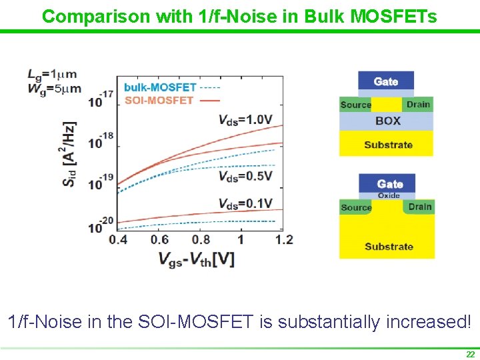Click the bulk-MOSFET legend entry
point(160,87)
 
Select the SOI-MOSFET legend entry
point(159,101)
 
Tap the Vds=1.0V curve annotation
point(245,120)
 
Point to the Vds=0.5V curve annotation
point(245,176)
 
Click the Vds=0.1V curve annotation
point(245,203)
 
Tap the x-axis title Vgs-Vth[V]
point(197,259)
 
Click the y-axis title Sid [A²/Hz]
point(70,154)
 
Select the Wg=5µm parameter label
point(54,87)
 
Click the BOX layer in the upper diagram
point(387,121)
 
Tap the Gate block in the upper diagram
point(386,81)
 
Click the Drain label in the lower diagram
point(420,207)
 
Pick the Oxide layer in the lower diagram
point(389,196)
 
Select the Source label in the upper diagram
point(355,105)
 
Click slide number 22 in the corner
point(470,355)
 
